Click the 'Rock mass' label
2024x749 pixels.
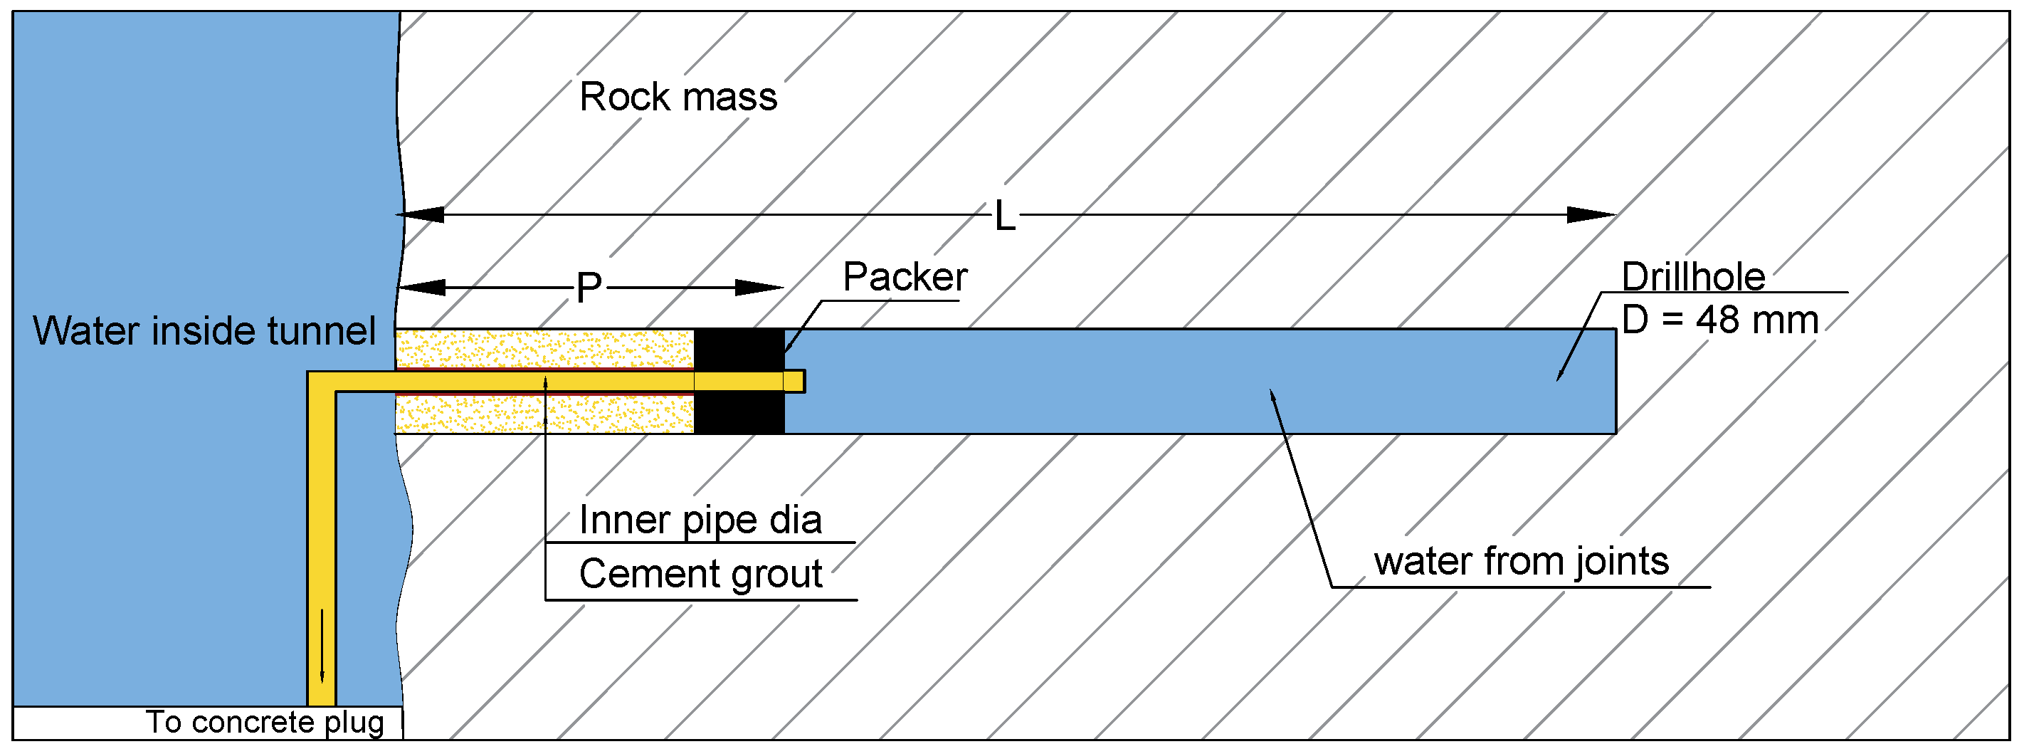click(678, 97)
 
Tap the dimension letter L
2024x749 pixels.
click(1004, 215)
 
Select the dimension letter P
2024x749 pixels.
click(589, 288)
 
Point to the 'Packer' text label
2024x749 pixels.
click(905, 277)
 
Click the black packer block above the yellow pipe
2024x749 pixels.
click(739, 348)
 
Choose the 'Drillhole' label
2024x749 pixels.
click(1693, 277)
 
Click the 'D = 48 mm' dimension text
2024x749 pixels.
click(1720, 320)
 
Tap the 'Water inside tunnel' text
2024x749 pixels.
click(204, 330)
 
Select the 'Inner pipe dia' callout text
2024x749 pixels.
click(700, 520)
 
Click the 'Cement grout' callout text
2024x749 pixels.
click(700, 573)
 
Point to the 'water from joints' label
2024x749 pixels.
click(1521, 561)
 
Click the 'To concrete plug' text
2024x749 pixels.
click(265, 722)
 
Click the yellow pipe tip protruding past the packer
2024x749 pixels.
click(794, 381)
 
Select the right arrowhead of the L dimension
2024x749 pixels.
click(1591, 214)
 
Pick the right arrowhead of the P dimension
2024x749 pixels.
click(759, 288)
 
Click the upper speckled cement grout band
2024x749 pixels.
click(544, 348)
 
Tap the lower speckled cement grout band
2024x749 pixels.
click(544, 414)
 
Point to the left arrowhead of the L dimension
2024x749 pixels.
click(421, 214)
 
